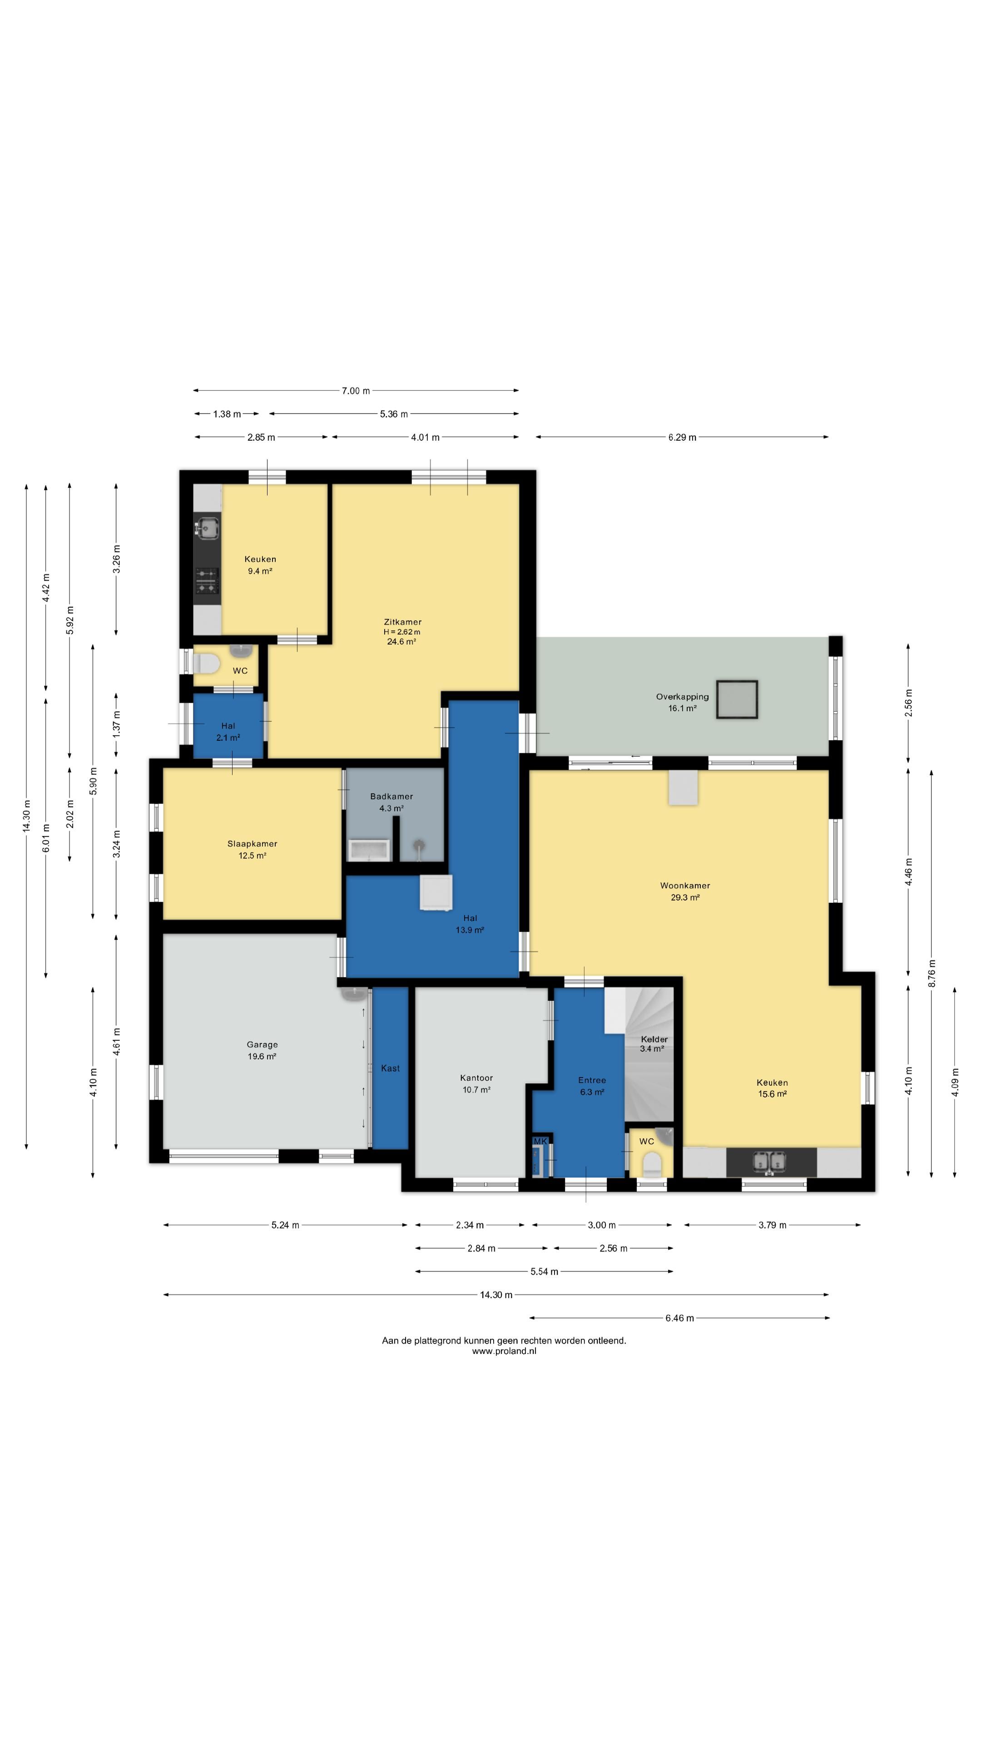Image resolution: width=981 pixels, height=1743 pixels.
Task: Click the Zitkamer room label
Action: point(402,631)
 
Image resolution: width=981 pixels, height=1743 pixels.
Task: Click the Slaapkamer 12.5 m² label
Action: point(252,849)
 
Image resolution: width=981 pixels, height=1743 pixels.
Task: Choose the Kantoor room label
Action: point(476,1083)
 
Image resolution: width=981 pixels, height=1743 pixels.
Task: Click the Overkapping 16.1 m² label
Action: point(682,702)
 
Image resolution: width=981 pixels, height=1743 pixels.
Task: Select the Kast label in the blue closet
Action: point(390,1068)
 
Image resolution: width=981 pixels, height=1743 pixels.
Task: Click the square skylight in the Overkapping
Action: point(737,699)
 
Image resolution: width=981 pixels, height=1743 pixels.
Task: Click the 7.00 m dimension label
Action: point(356,390)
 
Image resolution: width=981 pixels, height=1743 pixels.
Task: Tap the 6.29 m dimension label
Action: point(682,437)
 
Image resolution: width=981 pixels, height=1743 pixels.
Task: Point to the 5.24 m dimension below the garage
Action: point(285,1225)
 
